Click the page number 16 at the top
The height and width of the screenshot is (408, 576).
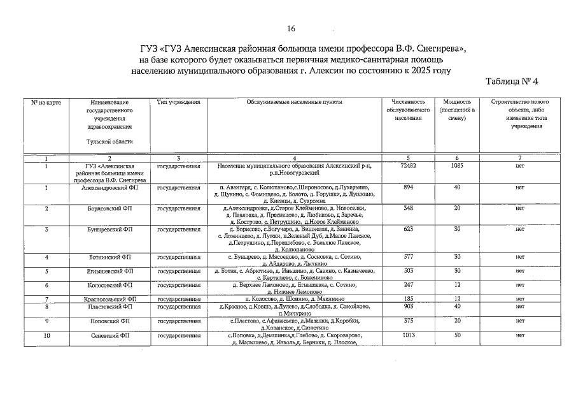(x=292, y=29)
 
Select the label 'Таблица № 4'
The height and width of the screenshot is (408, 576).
(x=516, y=82)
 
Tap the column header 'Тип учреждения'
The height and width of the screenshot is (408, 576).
(x=179, y=102)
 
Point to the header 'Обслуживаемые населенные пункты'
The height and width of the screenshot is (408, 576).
(x=295, y=102)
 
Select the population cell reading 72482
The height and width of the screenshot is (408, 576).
(x=409, y=166)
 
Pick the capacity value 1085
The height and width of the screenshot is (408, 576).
(x=456, y=166)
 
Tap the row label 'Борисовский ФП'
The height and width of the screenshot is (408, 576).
(x=109, y=208)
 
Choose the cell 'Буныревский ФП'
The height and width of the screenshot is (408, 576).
(x=109, y=229)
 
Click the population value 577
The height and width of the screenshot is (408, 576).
(x=409, y=257)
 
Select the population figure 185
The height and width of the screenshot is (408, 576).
(x=409, y=299)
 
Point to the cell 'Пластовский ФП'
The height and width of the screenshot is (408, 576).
(x=109, y=307)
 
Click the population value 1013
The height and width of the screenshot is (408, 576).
(x=409, y=335)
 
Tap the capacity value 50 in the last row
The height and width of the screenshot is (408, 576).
(x=456, y=335)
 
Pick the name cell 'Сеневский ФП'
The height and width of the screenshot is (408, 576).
(x=109, y=335)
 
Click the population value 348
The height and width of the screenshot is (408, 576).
(x=409, y=208)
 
